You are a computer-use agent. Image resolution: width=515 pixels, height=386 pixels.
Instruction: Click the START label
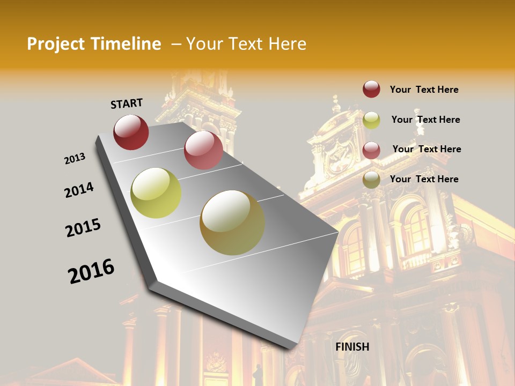tap(127, 103)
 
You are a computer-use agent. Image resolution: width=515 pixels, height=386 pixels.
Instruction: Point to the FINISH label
tap(352, 347)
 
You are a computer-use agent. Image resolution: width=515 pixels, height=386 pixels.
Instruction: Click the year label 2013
tap(75, 159)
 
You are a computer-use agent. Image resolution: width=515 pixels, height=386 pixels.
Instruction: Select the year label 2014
tap(79, 190)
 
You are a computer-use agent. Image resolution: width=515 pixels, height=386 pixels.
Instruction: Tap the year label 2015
tap(83, 228)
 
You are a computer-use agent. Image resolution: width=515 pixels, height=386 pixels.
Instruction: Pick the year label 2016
tap(91, 271)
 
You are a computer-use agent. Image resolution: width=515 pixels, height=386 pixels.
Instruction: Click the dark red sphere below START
tap(131, 132)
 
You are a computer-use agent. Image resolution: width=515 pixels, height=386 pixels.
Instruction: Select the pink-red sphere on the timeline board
tap(203, 150)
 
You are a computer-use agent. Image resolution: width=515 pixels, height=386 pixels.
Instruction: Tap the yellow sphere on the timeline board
tap(156, 193)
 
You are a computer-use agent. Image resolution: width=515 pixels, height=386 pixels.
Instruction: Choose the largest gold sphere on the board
tap(232, 222)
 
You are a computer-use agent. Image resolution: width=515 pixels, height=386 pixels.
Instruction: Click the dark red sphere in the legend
tap(371, 89)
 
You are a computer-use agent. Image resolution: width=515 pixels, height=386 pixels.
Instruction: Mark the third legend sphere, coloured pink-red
tap(371, 151)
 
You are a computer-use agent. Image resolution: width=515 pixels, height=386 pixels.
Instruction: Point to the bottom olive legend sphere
tap(371, 180)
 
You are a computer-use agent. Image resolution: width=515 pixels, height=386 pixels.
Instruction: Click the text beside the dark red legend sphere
tap(424, 90)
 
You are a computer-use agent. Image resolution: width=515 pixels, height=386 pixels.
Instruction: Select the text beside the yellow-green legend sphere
tap(425, 120)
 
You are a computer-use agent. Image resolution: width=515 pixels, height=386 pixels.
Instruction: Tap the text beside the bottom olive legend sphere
tap(424, 179)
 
